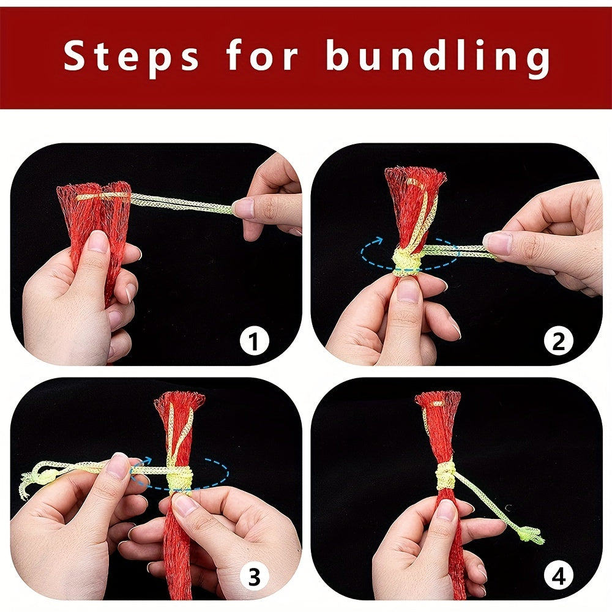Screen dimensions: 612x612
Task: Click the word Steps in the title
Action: click(x=132, y=56)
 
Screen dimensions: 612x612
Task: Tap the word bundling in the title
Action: click(x=438, y=56)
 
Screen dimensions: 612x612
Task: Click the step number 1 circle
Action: click(x=254, y=341)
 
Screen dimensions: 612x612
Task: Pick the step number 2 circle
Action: click(x=559, y=341)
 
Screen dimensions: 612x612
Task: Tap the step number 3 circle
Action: click(x=254, y=576)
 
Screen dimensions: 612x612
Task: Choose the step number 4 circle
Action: click(x=559, y=576)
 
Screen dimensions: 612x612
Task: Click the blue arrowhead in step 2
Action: click(x=378, y=241)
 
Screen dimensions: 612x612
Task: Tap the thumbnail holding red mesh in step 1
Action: click(x=97, y=242)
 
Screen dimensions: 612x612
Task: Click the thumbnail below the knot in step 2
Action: click(x=408, y=290)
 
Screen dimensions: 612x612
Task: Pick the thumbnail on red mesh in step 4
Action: click(x=447, y=510)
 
